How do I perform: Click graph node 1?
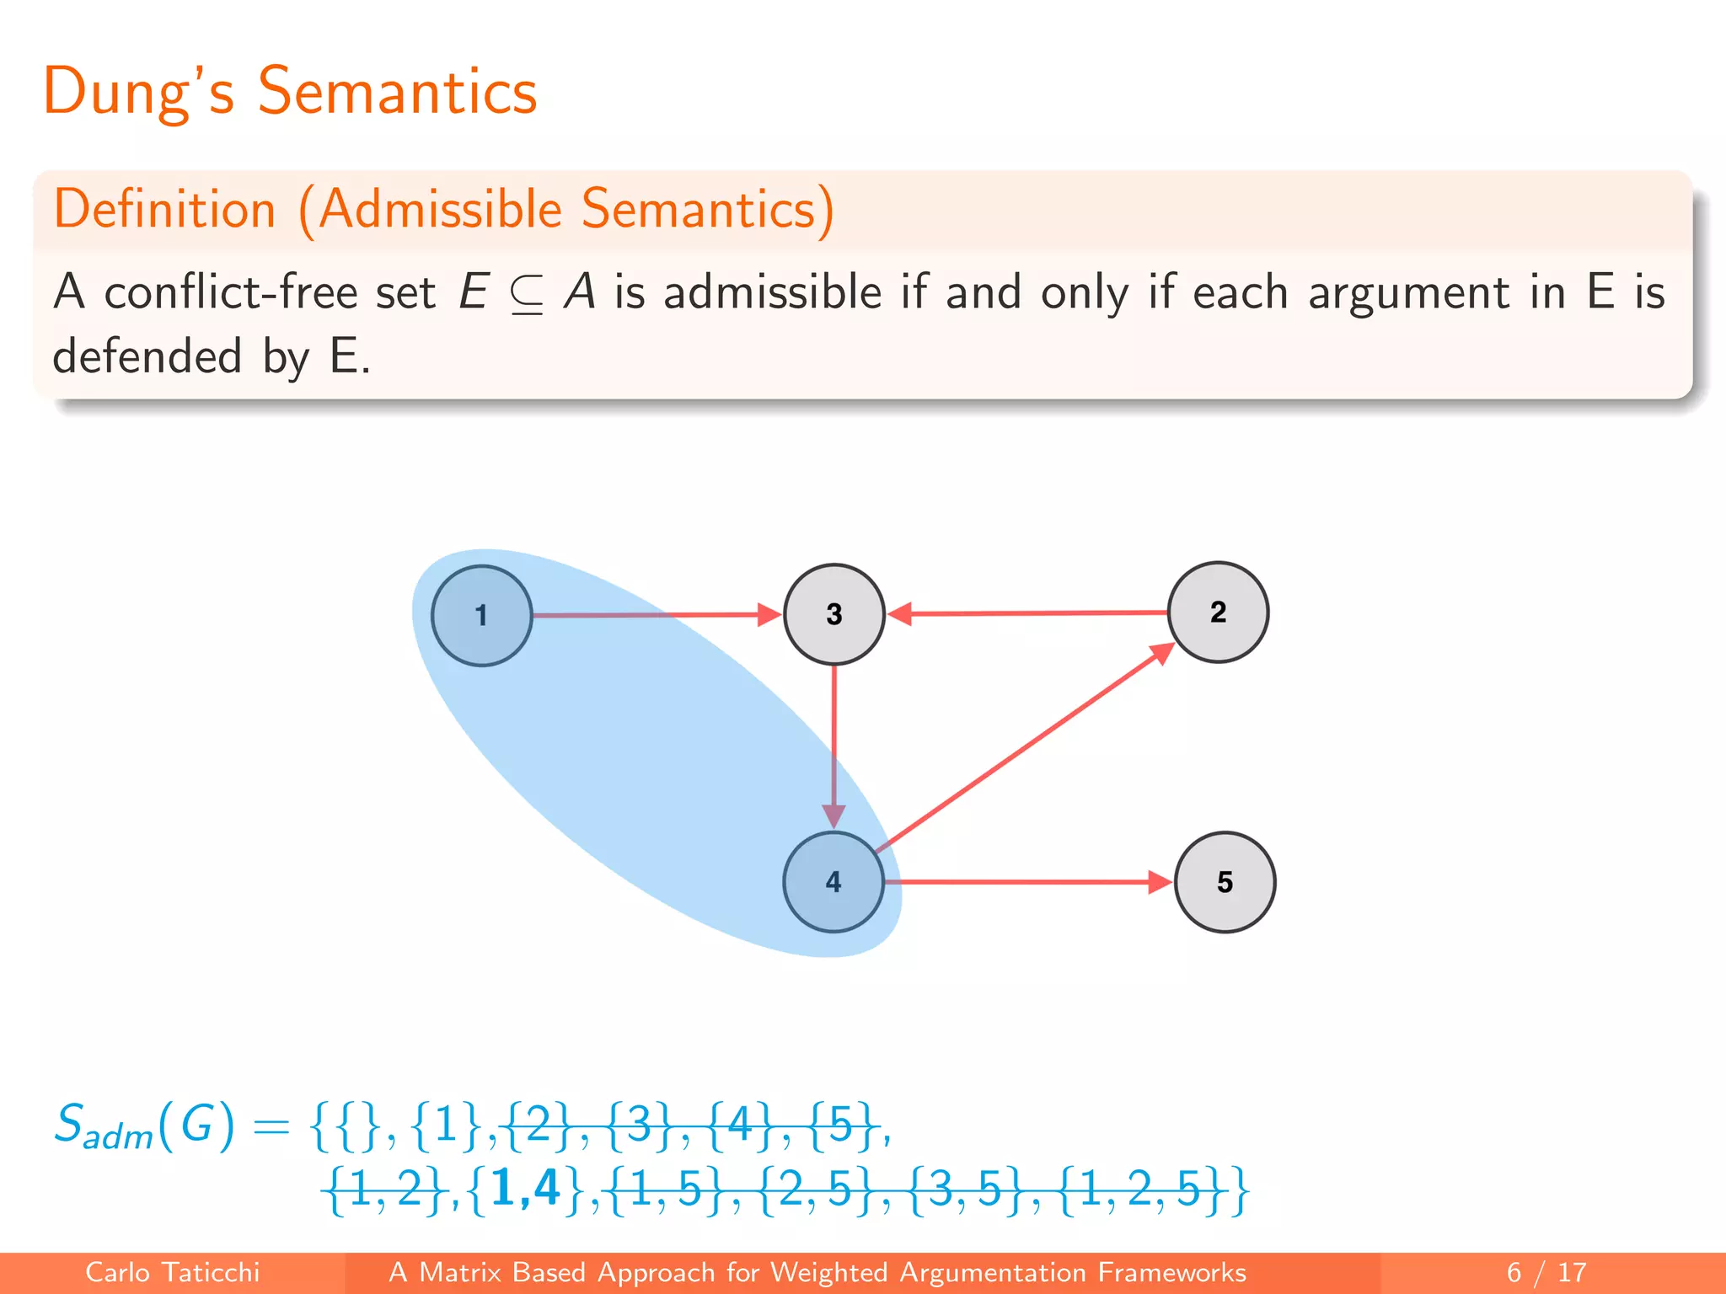click(x=481, y=616)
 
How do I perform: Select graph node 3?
click(x=834, y=614)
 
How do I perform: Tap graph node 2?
click(x=1218, y=612)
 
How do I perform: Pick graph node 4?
click(x=834, y=882)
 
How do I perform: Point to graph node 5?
click(x=1225, y=882)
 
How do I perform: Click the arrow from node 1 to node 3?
click(x=657, y=615)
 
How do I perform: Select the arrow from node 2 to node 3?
click(x=1028, y=613)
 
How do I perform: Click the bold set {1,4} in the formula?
click(x=525, y=1190)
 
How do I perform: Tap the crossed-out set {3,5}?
click(x=958, y=1190)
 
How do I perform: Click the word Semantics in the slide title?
click(x=397, y=91)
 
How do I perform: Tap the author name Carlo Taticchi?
click(x=173, y=1272)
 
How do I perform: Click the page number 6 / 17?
click(x=1546, y=1272)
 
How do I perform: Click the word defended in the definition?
click(x=147, y=356)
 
